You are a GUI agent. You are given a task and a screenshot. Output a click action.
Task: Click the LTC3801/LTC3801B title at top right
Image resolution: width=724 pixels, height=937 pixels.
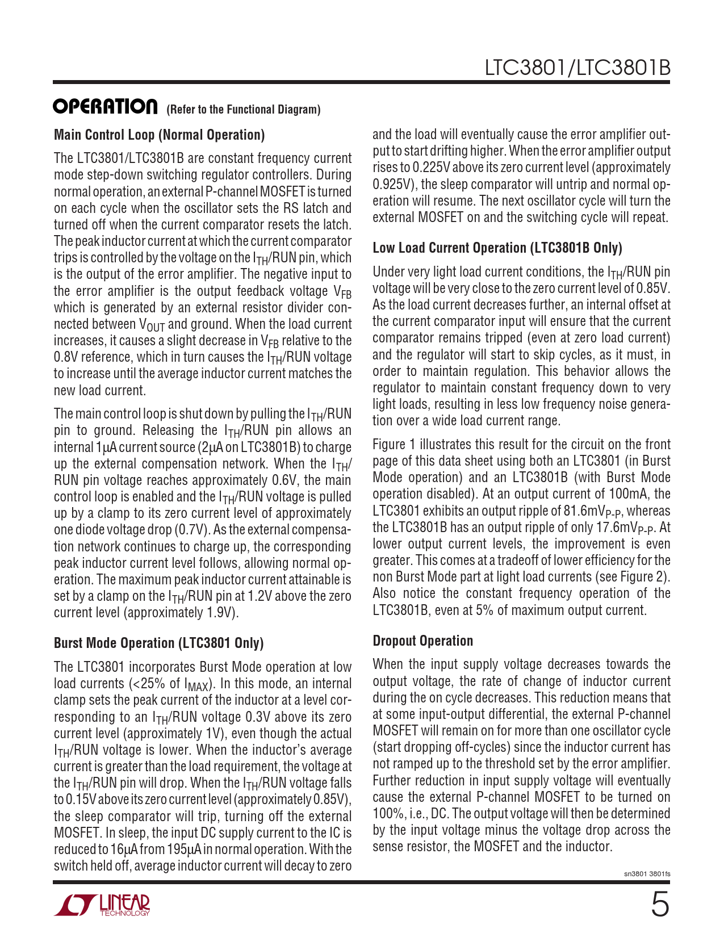(577, 68)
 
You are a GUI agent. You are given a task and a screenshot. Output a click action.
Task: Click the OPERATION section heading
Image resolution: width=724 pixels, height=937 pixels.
(105, 107)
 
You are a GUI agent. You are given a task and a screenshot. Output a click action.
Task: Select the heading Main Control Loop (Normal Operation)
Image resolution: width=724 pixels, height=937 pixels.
(159, 135)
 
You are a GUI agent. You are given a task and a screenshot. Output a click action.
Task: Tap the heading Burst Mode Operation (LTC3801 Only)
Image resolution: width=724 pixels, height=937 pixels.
(158, 643)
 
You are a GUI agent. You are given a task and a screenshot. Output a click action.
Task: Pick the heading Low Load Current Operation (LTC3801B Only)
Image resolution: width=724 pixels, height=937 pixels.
(497, 248)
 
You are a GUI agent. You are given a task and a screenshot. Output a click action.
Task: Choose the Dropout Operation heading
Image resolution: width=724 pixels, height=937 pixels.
(422, 641)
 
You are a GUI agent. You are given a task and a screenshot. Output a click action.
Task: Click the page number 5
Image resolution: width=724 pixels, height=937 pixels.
(659, 905)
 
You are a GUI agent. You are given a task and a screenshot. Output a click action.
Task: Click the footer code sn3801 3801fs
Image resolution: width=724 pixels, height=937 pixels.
(647, 874)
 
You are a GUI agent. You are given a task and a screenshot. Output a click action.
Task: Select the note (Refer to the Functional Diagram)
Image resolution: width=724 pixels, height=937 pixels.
(243, 110)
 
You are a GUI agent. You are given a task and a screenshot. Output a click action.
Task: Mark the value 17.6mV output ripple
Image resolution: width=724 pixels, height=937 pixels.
(621, 528)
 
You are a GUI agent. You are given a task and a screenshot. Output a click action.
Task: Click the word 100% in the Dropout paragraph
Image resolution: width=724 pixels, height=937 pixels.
(386, 814)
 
